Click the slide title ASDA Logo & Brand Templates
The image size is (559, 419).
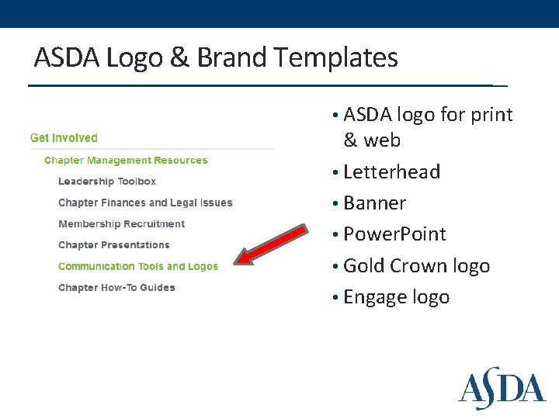point(216,58)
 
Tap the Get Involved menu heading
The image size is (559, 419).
point(64,138)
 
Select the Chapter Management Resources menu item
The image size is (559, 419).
point(126,161)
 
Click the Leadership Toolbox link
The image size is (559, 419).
point(107,182)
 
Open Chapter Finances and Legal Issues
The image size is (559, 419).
point(145,203)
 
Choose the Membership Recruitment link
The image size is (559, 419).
point(121,224)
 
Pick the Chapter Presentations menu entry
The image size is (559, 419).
point(113,245)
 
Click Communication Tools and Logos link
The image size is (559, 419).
point(138,266)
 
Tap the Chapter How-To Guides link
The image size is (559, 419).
point(116,288)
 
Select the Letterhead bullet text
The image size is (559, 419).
point(391,171)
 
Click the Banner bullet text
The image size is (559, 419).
point(374,203)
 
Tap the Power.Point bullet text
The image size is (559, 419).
point(394,234)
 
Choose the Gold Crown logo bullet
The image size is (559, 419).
point(416,266)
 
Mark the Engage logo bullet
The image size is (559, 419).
point(396,297)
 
